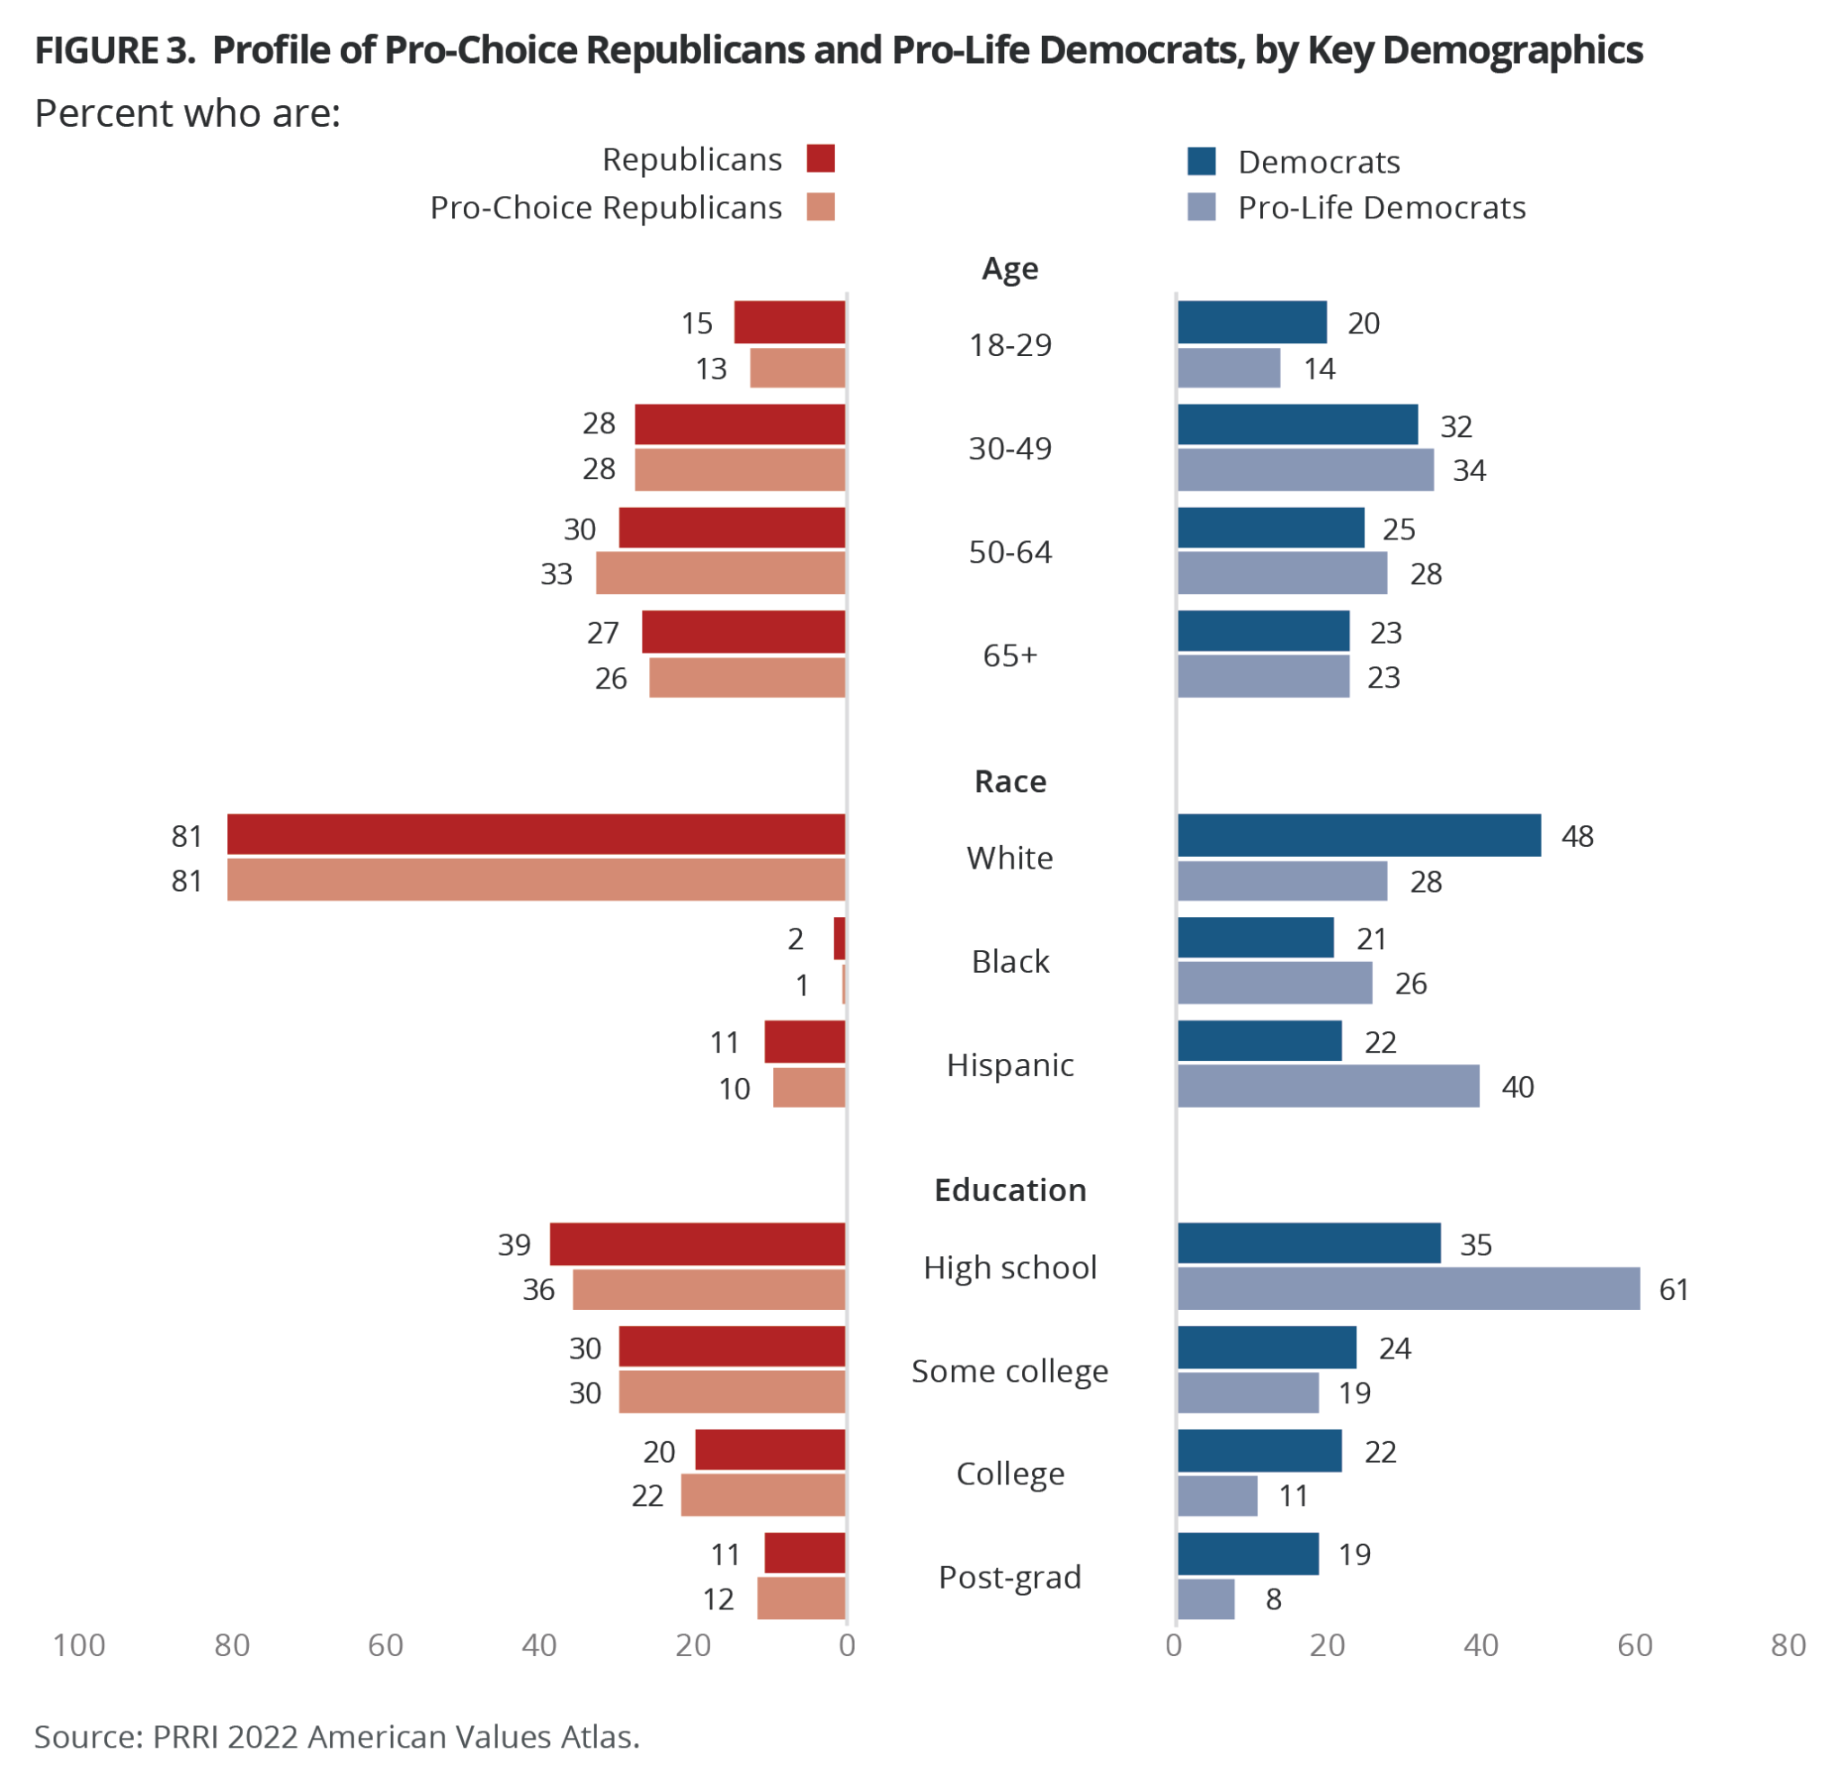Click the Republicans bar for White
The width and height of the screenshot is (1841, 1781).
click(x=536, y=834)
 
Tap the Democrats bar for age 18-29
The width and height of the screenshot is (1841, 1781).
click(x=1252, y=322)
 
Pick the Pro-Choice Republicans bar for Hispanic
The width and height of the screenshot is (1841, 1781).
click(x=809, y=1087)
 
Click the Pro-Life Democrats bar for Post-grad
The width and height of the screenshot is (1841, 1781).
click(x=1206, y=1598)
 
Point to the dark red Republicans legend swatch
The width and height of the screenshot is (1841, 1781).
click(x=820, y=159)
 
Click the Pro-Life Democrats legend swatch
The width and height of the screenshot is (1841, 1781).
click(x=1201, y=207)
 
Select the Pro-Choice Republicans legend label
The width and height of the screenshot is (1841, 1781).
click(x=606, y=208)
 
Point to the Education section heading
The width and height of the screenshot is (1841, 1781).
click(x=1009, y=1189)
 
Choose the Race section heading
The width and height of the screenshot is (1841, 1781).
click(x=1009, y=780)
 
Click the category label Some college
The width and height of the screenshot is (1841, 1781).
click(x=1009, y=1370)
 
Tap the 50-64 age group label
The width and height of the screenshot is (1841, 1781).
click(x=1009, y=551)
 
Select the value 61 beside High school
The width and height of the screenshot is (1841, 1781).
click(x=1674, y=1289)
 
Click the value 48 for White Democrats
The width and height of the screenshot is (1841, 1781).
click(x=1577, y=836)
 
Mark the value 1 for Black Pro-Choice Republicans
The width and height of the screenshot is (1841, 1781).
click(x=802, y=985)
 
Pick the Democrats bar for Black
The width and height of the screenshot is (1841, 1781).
click(x=1255, y=938)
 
